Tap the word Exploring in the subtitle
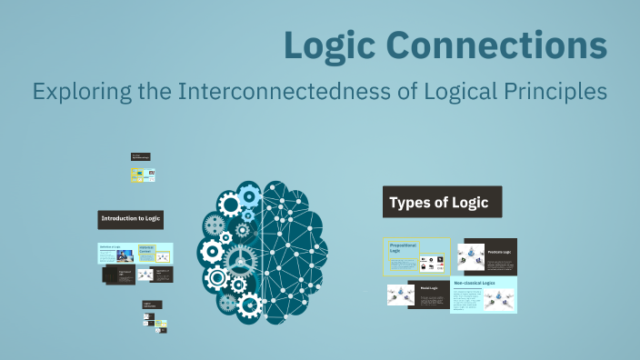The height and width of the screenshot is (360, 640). tap(75, 92)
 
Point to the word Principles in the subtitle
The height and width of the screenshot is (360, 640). tap(555, 92)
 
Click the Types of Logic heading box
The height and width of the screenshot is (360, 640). tap(442, 203)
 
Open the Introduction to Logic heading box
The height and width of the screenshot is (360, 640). tap(131, 219)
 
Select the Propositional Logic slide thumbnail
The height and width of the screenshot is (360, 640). tap(416, 255)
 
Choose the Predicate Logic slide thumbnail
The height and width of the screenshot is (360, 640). tap(486, 256)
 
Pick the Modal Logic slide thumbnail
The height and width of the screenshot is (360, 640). tap(416, 294)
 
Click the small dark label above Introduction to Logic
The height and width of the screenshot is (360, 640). tap(140, 157)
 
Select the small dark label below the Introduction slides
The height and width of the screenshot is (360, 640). tap(152, 305)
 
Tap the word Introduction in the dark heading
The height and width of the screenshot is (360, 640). tap(119, 219)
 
